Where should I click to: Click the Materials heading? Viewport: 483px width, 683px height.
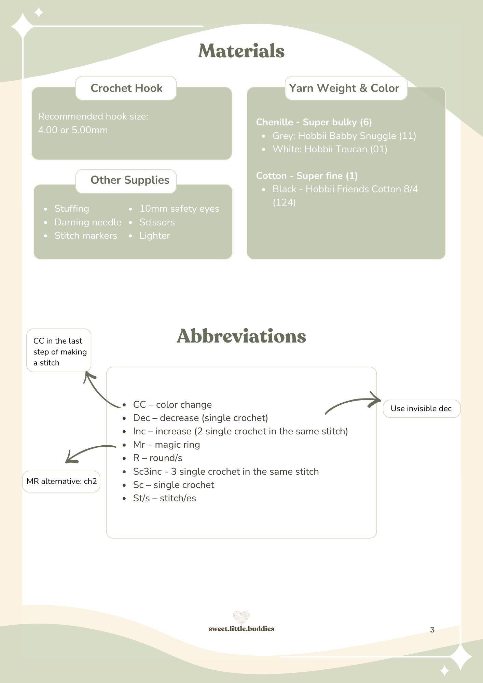point(242,51)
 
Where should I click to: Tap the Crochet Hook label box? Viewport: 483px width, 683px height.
point(126,88)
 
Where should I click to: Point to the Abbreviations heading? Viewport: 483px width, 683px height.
point(242,336)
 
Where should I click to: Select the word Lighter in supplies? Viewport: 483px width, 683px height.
point(155,236)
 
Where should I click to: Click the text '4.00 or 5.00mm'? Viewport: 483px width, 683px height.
point(73,130)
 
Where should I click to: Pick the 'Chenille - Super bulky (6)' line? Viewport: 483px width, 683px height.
point(314,122)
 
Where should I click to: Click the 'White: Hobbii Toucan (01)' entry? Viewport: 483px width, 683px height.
point(330,149)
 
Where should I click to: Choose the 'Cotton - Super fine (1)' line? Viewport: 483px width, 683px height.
point(307,176)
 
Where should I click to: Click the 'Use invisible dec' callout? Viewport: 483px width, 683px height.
point(422,408)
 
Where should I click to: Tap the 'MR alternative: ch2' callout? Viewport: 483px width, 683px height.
point(61,482)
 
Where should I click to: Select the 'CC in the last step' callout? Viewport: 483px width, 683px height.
point(59,350)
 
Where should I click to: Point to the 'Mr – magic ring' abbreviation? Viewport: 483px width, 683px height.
point(166,445)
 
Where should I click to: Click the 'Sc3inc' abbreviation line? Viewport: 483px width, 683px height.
point(226,472)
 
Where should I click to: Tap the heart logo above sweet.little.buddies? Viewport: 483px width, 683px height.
point(241,617)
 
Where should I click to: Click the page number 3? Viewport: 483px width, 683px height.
point(432,630)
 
